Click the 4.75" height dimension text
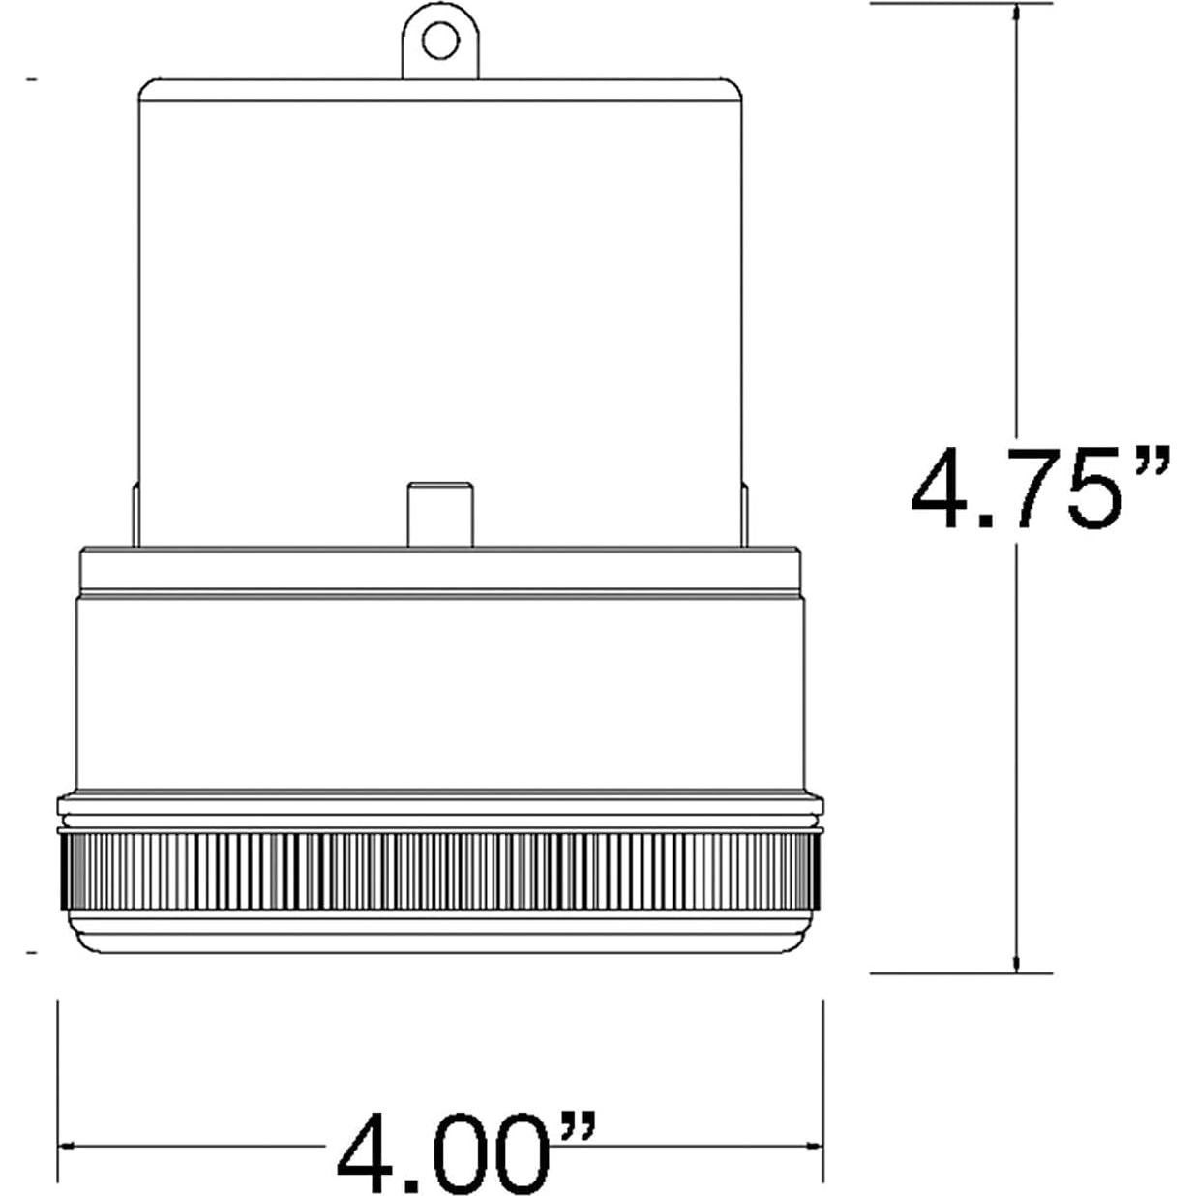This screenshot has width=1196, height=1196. point(1040,489)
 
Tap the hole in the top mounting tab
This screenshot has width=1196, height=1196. point(441,40)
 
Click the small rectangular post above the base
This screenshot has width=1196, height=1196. point(440,513)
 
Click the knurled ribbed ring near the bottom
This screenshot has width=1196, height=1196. point(440,871)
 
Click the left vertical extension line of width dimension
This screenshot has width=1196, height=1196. point(60,1064)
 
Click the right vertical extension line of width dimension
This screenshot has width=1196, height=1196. point(822,1064)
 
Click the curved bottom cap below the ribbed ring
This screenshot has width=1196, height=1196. point(440,939)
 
